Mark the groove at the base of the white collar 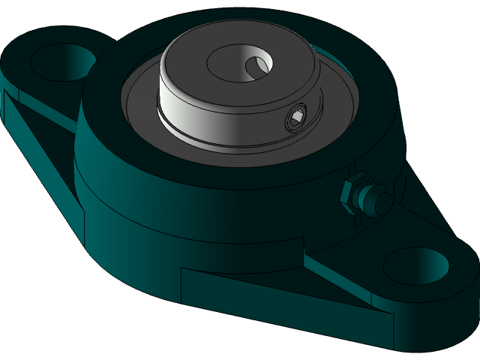[225, 139]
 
